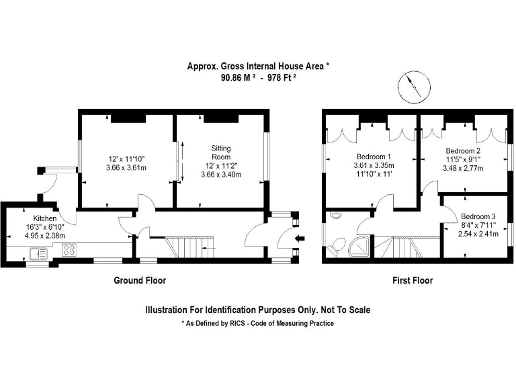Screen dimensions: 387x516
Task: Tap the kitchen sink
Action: point(36,253)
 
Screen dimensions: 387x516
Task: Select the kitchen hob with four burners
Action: point(69,251)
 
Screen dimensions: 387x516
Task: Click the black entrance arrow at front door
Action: point(300,236)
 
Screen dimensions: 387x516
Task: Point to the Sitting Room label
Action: point(221,148)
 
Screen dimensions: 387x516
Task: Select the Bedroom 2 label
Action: point(462,150)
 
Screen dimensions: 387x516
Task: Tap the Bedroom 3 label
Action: point(478,216)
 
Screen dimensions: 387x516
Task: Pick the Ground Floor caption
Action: point(139,281)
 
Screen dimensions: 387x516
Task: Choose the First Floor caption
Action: point(413,281)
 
